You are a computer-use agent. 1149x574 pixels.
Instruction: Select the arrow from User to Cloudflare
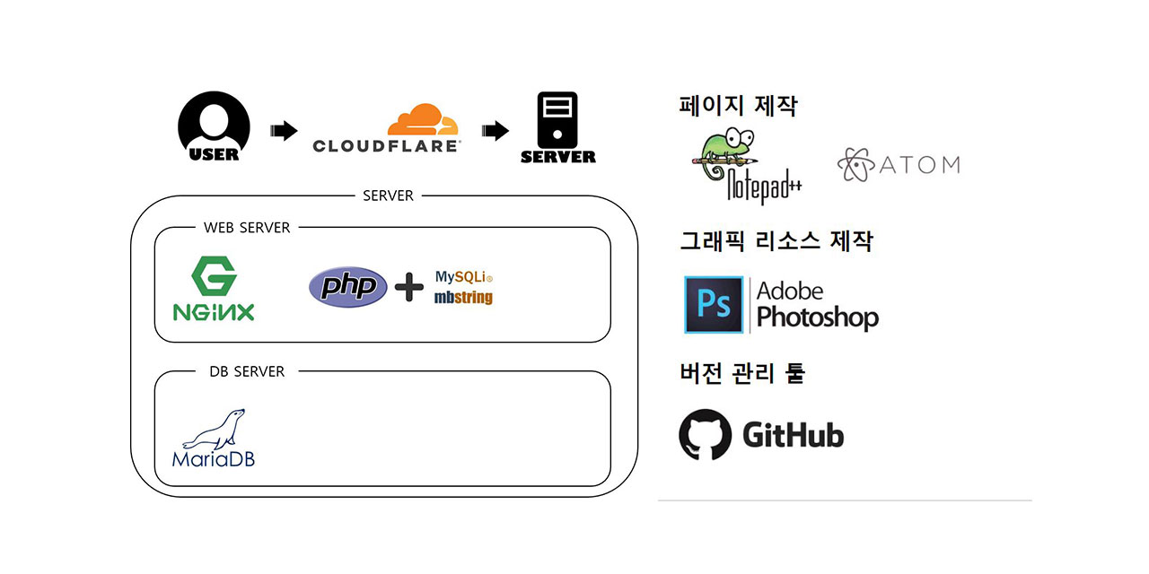pyautogui.click(x=284, y=131)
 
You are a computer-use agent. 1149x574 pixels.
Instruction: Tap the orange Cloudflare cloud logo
pyautogui.click(x=423, y=121)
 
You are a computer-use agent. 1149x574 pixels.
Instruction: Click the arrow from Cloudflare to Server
pyautogui.click(x=495, y=131)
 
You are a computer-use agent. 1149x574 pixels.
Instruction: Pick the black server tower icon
pyautogui.click(x=557, y=120)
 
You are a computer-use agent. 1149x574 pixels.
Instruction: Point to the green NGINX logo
pyautogui.click(x=214, y=289)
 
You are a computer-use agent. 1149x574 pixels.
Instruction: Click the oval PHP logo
pyautogui.click(x=348, y=287)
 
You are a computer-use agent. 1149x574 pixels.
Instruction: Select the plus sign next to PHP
pyautogui.click(x=409, y=287)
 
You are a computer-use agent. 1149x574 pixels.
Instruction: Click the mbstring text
pyautogui.click(x=463, y=297)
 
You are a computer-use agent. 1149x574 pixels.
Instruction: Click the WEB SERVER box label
pyautogui.click(x=247, y=228)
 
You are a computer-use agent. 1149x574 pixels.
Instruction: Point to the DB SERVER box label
pyautogui.click(x=247, y=371)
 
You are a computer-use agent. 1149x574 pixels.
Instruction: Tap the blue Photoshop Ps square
pyautogui.click(x=714, y=305)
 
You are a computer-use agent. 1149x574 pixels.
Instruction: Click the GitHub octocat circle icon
pyautogui.click(x=706, y=435)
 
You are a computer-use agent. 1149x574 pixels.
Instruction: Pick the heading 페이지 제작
pyautogui.click(x=738, y=106)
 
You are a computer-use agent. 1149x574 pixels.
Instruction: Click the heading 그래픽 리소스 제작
pyautogui.click(x=776, y=241)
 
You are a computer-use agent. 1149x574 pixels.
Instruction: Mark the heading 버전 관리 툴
pyautogui.click(x=741, y=373)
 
